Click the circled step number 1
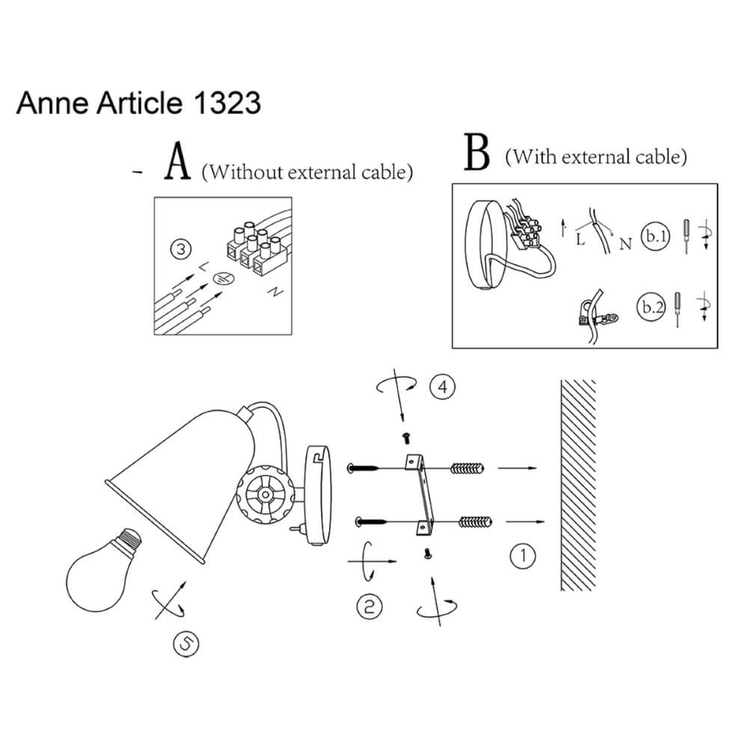pos(523,556)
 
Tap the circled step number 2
pos(370,607)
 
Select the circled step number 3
pos(181,250)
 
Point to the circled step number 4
pos(443,387)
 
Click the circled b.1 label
pos(656,236)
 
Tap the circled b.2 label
pos(652,306)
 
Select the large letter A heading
pos(177,162)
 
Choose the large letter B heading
pos(477,152)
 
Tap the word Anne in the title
pos(52,103)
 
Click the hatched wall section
pos(578,485)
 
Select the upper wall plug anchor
pos(467,468)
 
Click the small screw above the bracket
pos(406,438)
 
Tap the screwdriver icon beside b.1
pos(687,236)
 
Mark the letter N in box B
pos(625,244)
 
